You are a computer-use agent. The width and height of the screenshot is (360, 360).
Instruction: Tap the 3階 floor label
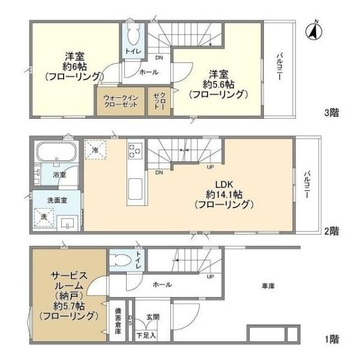(331, 112)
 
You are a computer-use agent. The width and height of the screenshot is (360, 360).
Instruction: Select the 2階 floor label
(331, 229)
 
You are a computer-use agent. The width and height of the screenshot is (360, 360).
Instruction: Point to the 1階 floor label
(331, 339)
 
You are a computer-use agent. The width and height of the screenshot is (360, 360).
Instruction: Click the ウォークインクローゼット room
(121, 100)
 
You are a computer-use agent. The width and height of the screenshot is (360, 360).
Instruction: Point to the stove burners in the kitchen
(133, 151)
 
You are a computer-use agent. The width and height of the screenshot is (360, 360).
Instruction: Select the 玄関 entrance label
(152, 316)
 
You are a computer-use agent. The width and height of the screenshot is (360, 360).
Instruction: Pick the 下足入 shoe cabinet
(146, 335)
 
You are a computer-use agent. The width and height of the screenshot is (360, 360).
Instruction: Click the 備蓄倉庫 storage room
(118, 323)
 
